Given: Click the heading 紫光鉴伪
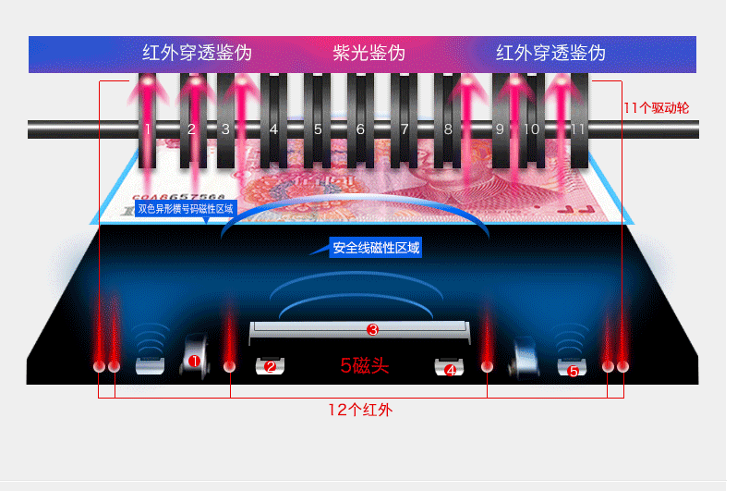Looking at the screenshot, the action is coord(368,53).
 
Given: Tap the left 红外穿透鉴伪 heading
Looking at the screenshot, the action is coord(197,53).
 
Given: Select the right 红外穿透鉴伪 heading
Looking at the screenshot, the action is coord(550,53).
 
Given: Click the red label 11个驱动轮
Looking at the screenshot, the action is coord(656,108).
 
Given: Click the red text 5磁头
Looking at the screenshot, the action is coord(365,366).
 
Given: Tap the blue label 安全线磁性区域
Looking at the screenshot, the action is coord(377,248).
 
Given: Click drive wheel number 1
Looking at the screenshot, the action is coord(148,129).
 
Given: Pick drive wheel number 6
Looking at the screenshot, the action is coord(361,129).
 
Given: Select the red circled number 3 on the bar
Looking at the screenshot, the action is coord(372,329).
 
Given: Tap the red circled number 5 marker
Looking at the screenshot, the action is coord(573,371).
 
